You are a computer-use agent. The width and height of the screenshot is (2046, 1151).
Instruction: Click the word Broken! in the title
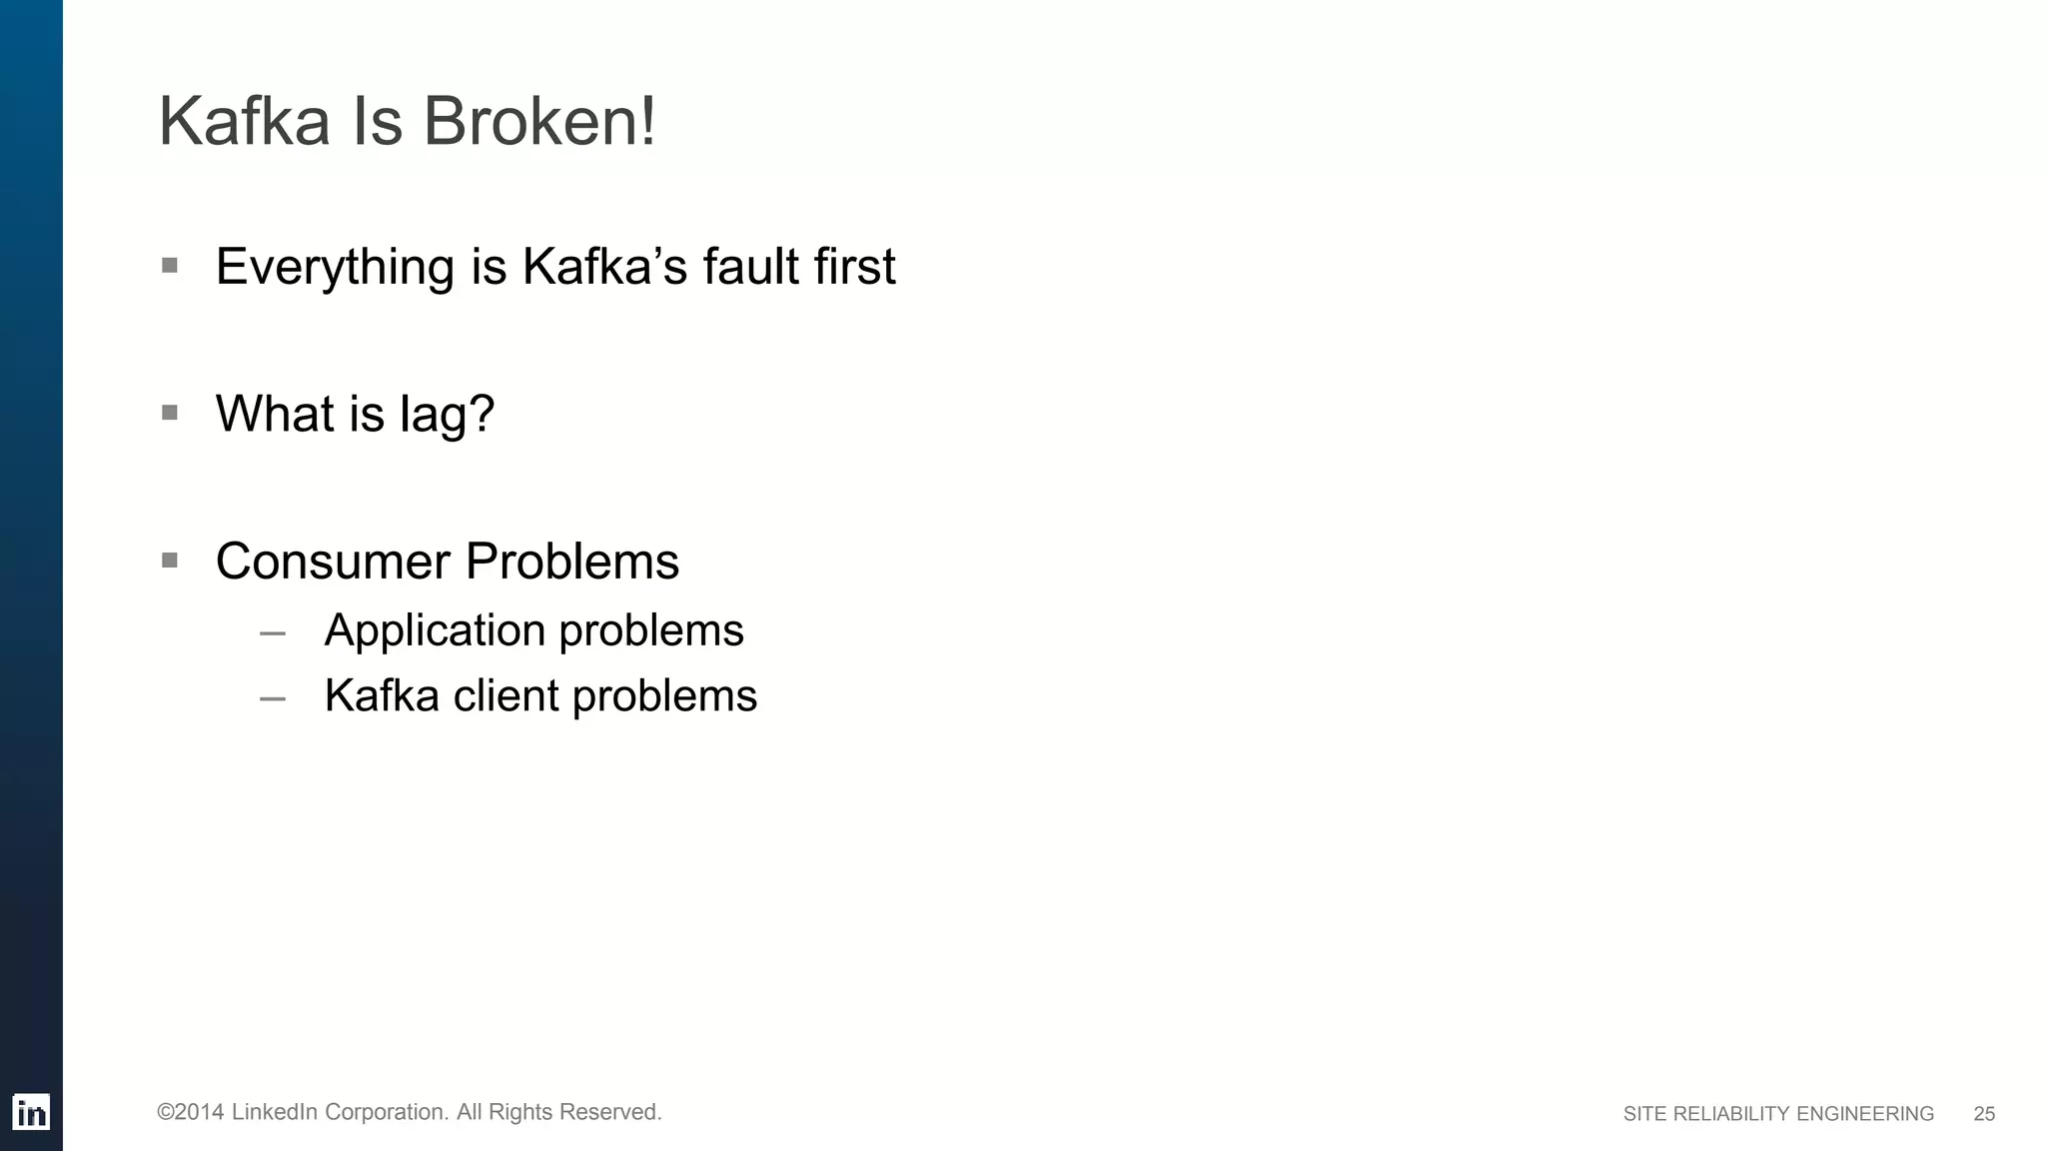(x=539, y=122)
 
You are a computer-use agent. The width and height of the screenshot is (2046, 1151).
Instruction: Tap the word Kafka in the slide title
(x=244, y=122)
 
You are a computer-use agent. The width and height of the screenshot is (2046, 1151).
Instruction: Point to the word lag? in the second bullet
(x=447, y=415)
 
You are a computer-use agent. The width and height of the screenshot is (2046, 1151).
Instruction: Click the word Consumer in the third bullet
(x=333, y=562)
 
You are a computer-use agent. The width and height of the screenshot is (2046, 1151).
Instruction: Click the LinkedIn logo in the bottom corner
(x=31, y=1112)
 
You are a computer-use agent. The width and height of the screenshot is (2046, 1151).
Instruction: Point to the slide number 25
(x=1984, y=1114)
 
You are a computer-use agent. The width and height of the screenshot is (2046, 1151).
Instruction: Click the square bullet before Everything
(x=170, y=266)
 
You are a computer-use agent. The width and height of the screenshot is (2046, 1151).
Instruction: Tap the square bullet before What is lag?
(x=170, y=413)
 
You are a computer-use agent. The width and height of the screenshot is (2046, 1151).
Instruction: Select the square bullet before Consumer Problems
(x=170, y=561)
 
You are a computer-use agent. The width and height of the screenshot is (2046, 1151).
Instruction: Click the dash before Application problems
(x=273, y=633)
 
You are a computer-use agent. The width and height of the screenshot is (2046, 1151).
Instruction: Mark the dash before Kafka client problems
(x=273, y=699)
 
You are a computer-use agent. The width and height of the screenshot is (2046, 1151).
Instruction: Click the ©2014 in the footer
(x=190, y=1112)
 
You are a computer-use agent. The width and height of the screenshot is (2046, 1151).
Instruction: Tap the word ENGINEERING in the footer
(x=1865, y=1114)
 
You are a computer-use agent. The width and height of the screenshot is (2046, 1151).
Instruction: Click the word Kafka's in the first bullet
(x=604, y=267)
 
